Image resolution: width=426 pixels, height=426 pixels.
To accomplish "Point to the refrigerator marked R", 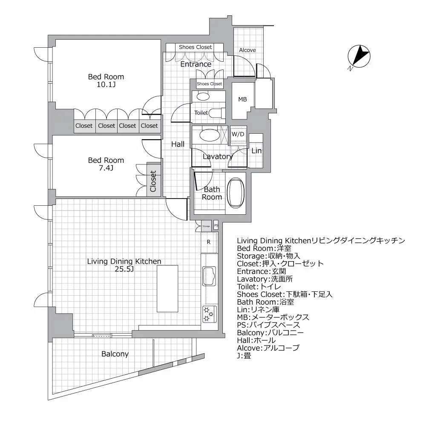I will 209,242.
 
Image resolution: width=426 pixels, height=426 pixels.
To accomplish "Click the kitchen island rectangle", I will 167,288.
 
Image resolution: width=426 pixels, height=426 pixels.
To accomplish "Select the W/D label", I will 238,134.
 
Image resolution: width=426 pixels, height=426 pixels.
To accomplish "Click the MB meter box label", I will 242,99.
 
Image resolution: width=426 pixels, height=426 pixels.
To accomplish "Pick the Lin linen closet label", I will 256,151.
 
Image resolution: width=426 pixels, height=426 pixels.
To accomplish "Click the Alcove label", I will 248,50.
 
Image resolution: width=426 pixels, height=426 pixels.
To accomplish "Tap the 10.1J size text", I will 106,85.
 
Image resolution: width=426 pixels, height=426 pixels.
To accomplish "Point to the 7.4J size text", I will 106,168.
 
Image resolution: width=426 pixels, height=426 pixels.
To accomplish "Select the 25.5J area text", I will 124,269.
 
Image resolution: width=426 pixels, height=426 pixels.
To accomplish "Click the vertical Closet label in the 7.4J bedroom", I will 154,181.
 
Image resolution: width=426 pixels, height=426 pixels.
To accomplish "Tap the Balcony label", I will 115,354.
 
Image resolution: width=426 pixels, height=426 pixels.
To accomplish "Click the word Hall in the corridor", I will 178,144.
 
